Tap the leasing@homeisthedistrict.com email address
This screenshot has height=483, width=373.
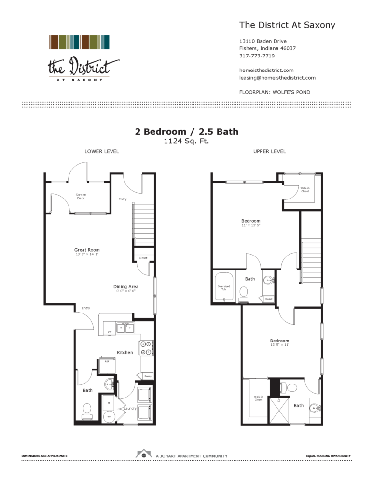[x=277, y=77]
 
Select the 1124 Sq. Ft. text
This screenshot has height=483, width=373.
[x=186, y=142]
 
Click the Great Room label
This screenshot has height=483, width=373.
[x=87, y=250]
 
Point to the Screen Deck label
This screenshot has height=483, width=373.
[x=81, y=196]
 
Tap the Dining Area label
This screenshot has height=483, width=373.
[x=126, y=287]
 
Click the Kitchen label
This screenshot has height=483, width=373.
[x=124, y=352]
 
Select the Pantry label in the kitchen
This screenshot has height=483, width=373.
[x=148, y=376]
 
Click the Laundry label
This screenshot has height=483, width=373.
[x=130, y=408]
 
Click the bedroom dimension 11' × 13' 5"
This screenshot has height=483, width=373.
[x=251, y=225]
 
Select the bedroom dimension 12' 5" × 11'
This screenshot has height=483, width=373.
[x=280, y=345]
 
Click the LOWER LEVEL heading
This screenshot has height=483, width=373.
[x=102, y=151]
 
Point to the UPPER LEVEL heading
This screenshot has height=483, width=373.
[x=269, y=151]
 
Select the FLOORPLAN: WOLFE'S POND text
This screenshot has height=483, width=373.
[x=275, y=92]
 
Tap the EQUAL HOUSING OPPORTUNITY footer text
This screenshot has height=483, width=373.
[x=328, y=456]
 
